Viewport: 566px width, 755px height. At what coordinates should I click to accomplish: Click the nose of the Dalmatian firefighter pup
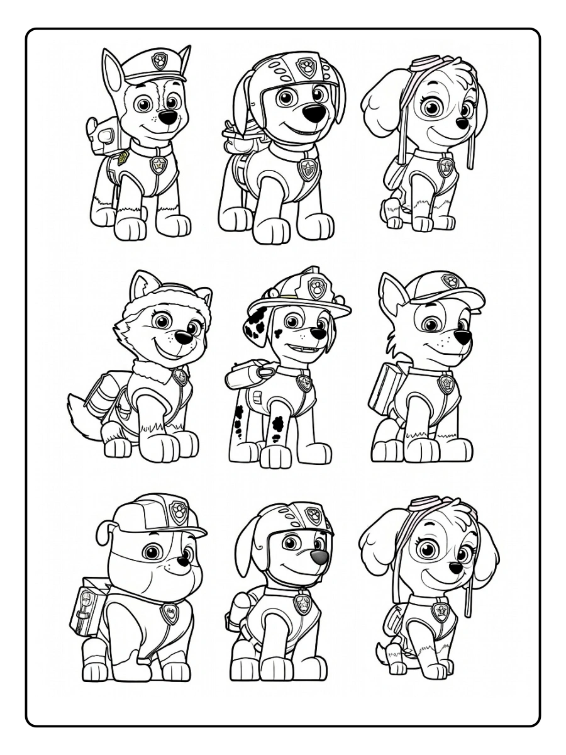pos(318,333)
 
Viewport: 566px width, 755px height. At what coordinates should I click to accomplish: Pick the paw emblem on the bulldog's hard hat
pos(179,511)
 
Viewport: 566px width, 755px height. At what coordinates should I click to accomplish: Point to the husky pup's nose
pos(184,338)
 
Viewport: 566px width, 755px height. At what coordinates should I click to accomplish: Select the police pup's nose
pos(167,118)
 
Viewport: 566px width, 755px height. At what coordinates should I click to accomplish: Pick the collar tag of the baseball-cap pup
pos(446,384)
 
